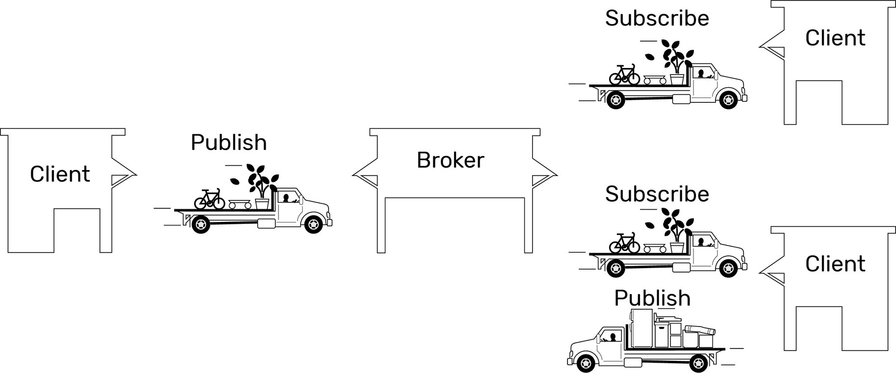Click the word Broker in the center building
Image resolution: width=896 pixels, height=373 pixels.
coord(450,160)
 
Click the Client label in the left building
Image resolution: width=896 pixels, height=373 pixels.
coord(60,174)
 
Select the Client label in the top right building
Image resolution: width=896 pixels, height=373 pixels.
coord(835,38)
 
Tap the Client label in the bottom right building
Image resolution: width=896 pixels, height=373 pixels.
coord(835,264)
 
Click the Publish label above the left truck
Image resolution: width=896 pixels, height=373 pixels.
coord(229,143)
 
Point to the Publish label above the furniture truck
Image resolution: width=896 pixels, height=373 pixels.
coord(652,298)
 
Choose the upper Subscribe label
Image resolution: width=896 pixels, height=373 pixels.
coord(657,18)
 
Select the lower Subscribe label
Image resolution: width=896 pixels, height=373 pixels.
coord(657,194)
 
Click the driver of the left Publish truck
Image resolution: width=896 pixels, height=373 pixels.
coord(286,198)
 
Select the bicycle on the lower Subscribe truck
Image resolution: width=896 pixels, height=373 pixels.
coord(624,243)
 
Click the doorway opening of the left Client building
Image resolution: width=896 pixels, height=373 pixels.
coord(77,230)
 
